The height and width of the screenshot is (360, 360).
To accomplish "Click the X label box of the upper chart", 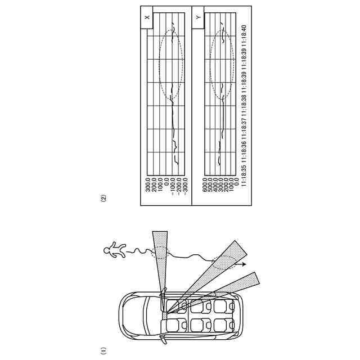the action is pos(147,17).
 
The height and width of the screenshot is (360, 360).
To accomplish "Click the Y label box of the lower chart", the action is pos(198,17).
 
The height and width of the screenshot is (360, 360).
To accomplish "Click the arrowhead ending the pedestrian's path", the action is pos(245,263).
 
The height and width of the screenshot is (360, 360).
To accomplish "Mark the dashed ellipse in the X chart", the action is pos(171,65).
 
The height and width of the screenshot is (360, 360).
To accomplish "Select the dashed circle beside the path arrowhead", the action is pos(224,263).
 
